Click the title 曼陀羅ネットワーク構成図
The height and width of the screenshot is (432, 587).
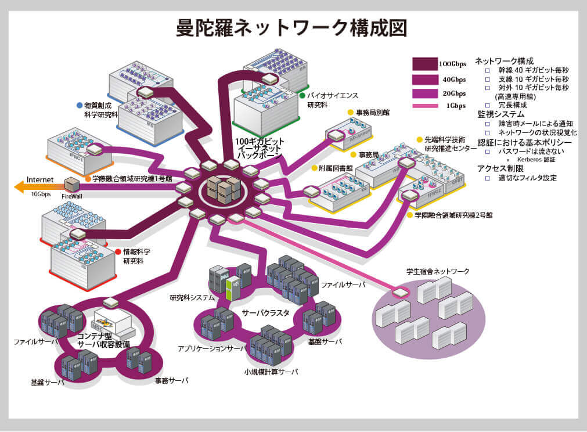click(292, 27)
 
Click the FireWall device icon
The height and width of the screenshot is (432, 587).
click(72, 185)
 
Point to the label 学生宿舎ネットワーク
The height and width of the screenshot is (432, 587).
click(438, 271)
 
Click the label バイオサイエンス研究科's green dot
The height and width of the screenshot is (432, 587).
click(302, 95)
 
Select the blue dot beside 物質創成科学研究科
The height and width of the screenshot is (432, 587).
click(80, 106)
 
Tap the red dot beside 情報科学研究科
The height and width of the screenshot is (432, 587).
click(118, 252)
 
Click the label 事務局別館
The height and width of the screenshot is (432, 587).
click(373, 112)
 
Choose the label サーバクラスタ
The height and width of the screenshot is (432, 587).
click(265, 312)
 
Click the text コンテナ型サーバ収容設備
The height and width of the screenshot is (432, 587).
click(103, 340)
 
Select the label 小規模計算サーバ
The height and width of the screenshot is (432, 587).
click(271, 372)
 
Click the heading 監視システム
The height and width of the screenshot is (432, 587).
click(500, 114)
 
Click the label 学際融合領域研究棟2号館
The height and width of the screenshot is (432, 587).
click(453, 215)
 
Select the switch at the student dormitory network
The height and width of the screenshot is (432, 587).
click(400, 292)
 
